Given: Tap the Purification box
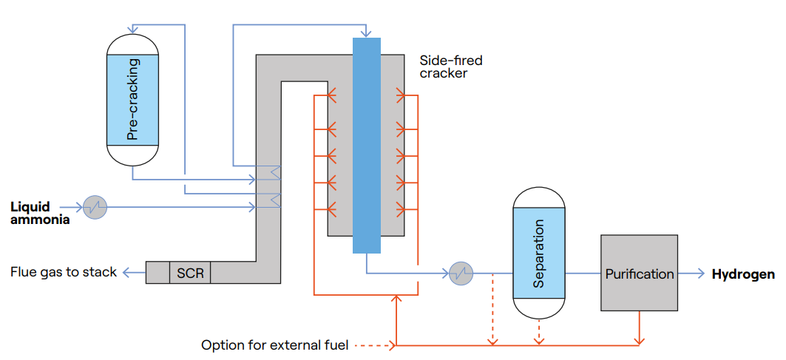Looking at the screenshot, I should click(x=639, y=274).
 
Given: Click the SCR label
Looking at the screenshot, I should click(x=190, y=273).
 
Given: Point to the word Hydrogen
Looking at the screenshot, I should click(x=743, y=274).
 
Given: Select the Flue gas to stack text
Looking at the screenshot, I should click(x=64, y=272).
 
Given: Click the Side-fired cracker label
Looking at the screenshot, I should click(x=450, y=67).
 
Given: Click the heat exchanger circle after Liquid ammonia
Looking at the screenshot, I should click(x=95, y=207).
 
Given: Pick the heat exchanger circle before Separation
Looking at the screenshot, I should click(x=461, y=274).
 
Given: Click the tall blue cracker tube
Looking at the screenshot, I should click(x=367, y=145).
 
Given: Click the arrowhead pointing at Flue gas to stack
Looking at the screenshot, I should click(x=126, y=273).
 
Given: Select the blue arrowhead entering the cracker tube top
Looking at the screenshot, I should click(x=366, y=34).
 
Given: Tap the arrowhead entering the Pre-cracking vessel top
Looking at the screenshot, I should click(x=142, y=24).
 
